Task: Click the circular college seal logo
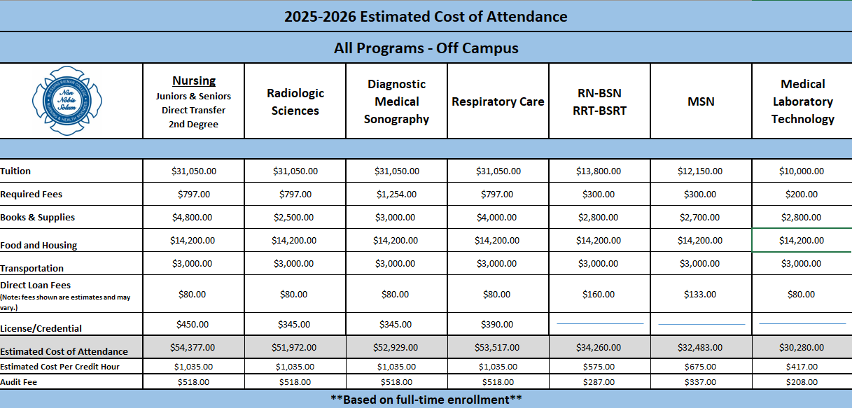click(68, 101)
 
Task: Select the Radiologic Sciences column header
click(295, 101)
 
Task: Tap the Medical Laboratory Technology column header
click(802, 101)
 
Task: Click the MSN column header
click(701, 101)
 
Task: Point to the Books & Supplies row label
click(37, 218)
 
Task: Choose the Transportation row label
click(32, 268)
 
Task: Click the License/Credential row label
click(41, 328)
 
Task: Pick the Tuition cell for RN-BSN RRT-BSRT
click(599, 171)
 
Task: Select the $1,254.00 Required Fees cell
click(396, 194)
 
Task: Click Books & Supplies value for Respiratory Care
click(497, 217)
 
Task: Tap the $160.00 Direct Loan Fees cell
click(599, 294)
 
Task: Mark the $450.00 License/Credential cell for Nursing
click(193, 324)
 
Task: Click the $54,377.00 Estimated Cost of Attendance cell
click(193, 347)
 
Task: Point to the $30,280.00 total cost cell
click(802, 347)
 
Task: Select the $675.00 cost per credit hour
click(700, 367)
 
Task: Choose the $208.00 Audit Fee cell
click(802, 382)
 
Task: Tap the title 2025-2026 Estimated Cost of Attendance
click(426, 17)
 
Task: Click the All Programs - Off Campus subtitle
click(426, 48)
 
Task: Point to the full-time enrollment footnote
click(426, 399)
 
